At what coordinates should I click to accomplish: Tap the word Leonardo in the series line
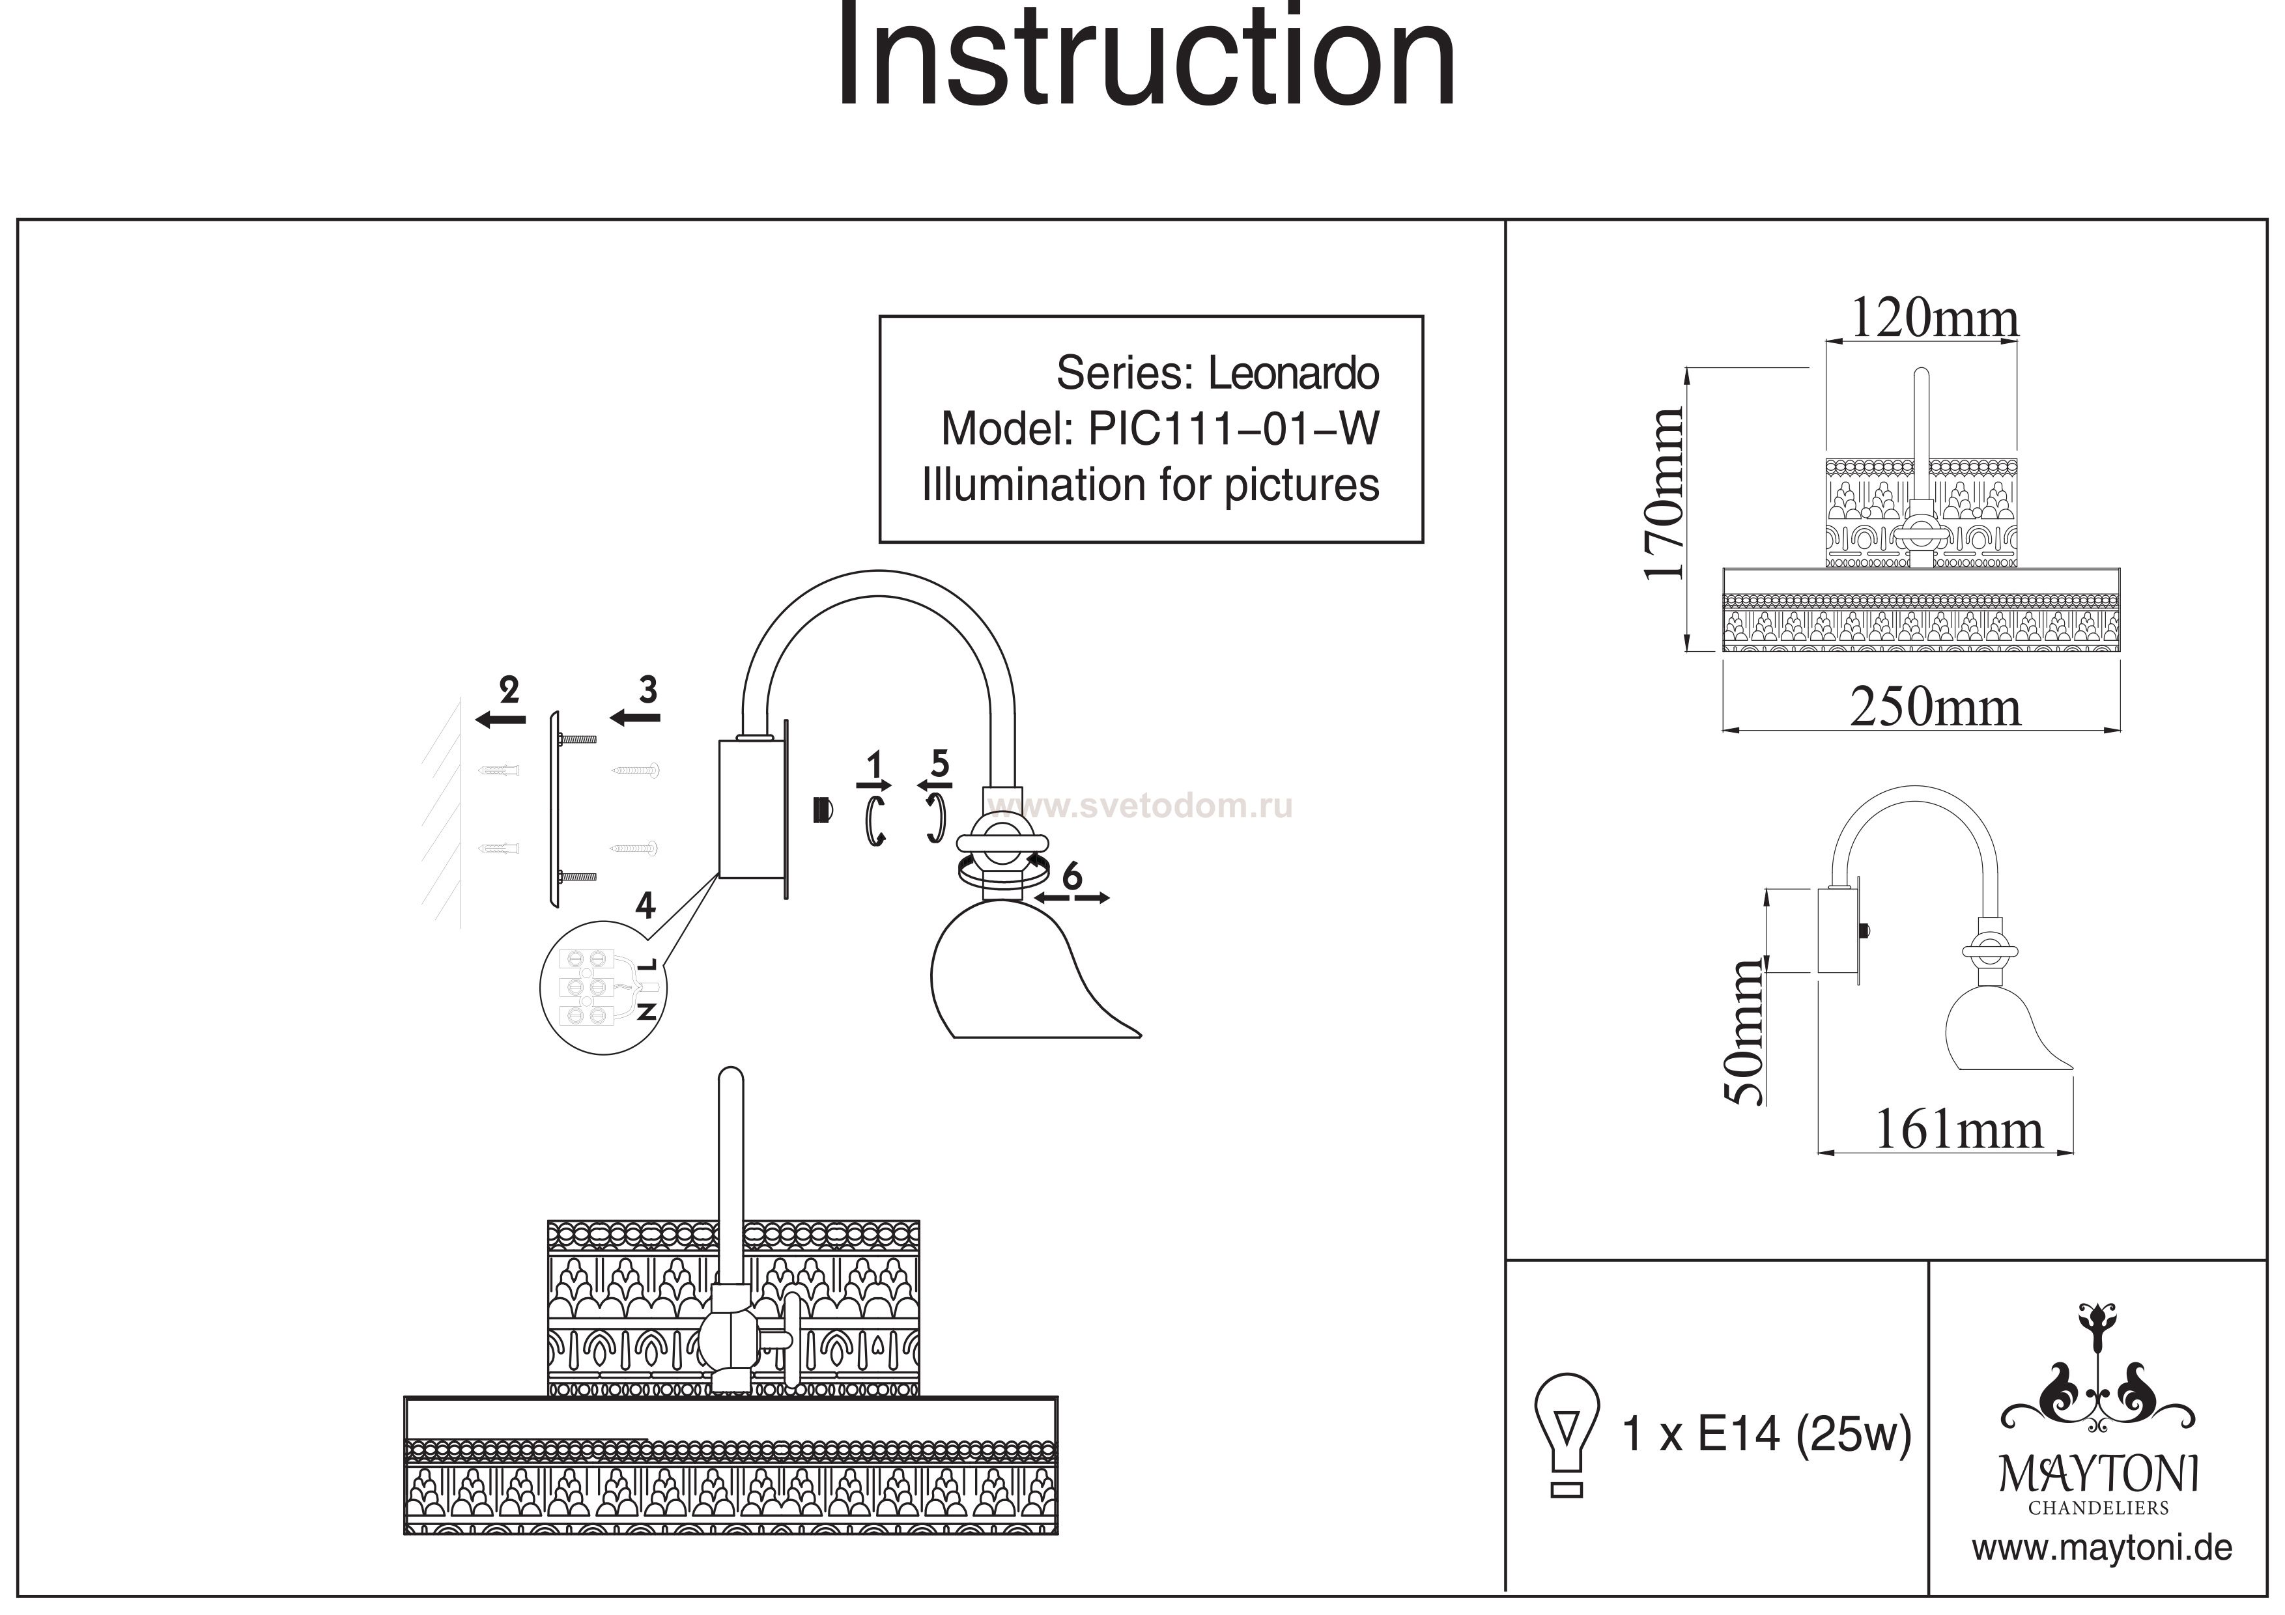(x=1293, y=374)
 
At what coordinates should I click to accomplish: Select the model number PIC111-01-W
(x=1234, y=430)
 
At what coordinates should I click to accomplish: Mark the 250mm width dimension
(x=1935, y=709)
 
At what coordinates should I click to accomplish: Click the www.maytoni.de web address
(x=2102, y=1549)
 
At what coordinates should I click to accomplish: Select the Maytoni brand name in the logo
(x=2099, y=1474)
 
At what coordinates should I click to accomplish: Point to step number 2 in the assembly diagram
(x=509, y=688)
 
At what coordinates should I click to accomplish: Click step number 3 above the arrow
(x=648, y=688)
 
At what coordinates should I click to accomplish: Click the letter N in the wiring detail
(x=647, y=1011)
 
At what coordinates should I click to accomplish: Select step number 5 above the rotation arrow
(x=939, y=763)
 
